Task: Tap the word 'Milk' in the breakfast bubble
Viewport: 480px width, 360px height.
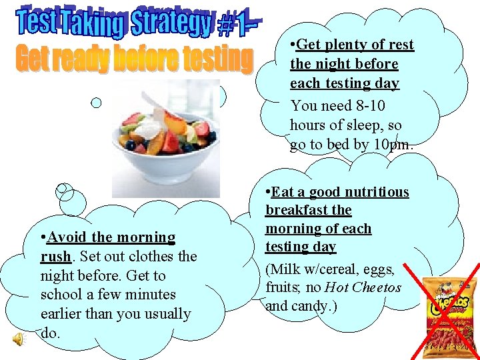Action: pyautogui.click(x=288, y=269)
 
